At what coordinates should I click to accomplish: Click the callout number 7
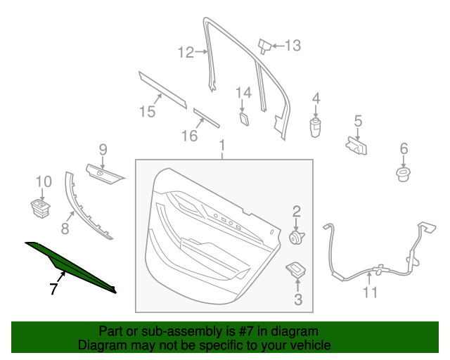click(x=53, y=288)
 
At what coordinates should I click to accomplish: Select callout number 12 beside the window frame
click(x=185, y=51)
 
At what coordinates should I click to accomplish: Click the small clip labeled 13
click(x=265, y=46)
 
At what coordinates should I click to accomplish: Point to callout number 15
click(x=146, y=111)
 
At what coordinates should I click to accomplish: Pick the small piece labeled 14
click(x=243, y=117)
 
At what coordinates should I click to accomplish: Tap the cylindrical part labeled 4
click(x=315, y=129)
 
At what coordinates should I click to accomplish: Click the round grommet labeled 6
click(x=404, y=173)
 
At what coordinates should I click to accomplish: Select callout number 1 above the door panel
click(x=222, y=146)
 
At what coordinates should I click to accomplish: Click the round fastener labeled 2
click(x=296, y=237)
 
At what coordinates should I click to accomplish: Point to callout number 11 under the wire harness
click(x=370, y=292)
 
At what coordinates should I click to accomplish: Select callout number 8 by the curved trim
click(x=65, y=228)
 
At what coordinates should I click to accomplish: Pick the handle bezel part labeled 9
click(x=103, y=171)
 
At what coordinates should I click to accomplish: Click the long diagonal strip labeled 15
click(x=163, y=88)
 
